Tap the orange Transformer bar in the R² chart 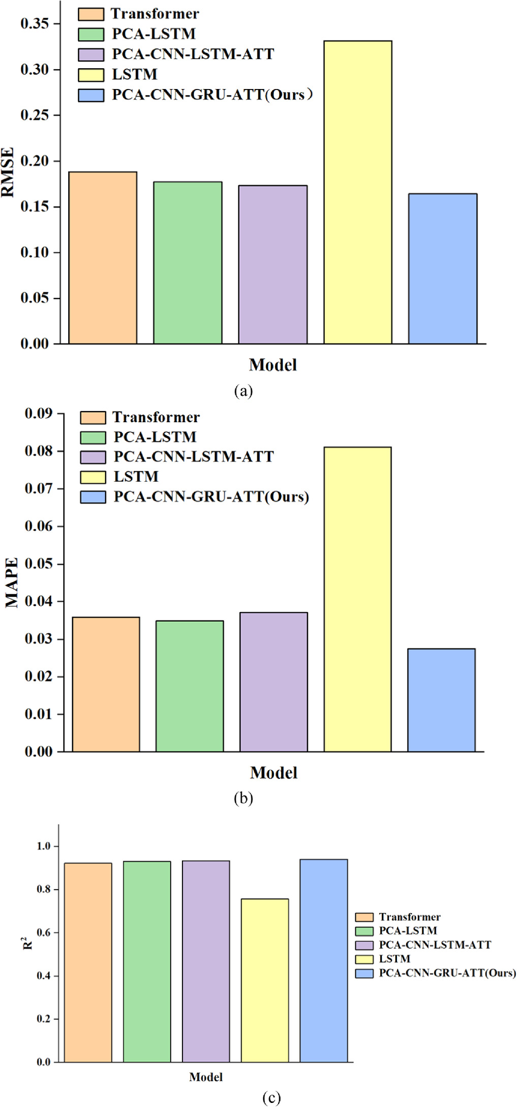(88, 962)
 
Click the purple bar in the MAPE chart (273, 682)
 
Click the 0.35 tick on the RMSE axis (35, 24)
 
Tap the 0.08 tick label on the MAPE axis (39, 451)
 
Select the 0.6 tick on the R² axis (44, 933)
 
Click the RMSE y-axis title (8, 172)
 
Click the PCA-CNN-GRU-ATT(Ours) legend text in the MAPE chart (211, 497)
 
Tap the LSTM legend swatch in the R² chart (364, 959)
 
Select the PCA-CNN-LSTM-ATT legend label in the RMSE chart (193, 54)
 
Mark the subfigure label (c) (271, 1097)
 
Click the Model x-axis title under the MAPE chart (273, 773)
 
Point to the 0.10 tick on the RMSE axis (35, 252)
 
